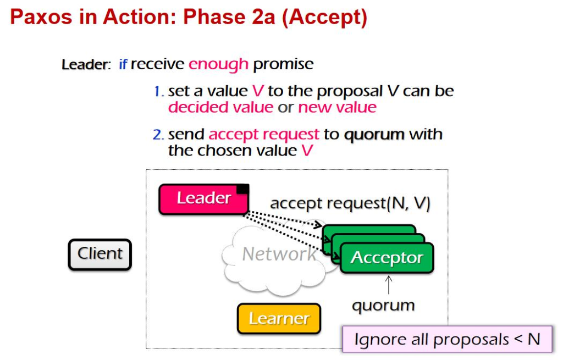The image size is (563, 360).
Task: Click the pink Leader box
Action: [203, 199]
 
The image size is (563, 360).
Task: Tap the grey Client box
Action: [100, 254]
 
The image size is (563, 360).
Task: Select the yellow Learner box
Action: [279, 319]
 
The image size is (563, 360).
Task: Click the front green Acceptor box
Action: [387, 258]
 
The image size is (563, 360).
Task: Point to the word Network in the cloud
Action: [279, 254]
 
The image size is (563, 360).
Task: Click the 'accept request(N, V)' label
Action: [350, 203]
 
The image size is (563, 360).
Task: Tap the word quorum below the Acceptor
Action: [383, 306]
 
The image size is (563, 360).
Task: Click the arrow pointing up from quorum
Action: [389, 285]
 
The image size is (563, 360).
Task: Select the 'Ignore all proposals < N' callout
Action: [447, 339]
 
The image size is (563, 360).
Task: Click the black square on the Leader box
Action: [242, 189]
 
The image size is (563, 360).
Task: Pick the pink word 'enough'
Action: [218, 65]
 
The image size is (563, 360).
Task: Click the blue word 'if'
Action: [123, 64]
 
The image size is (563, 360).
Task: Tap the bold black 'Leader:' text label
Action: [86, 65]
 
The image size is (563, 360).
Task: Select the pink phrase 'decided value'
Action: [221, 107]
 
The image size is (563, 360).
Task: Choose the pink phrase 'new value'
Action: [337, 107]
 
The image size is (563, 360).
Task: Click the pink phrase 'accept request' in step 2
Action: [264, 135]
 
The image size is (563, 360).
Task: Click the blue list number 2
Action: [158, 135]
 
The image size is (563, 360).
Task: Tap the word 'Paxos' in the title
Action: [41, 17]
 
